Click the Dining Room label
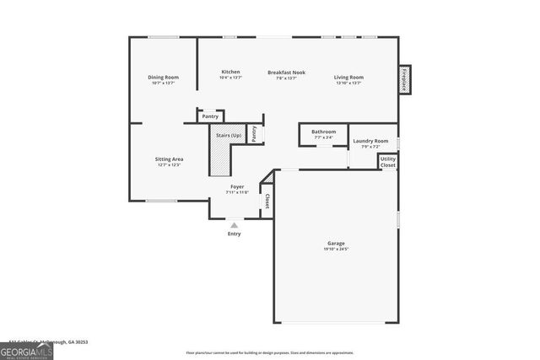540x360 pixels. (x=163, y=78)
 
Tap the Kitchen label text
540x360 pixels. (x=231, y=72)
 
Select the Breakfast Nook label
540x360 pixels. (x=286, y=73)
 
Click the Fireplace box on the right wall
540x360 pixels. (x=404, y=79)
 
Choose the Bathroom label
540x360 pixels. (x=323, y=132)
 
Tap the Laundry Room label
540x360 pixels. (x=370, y=141)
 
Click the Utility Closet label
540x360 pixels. (x=387, y=162)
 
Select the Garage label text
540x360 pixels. (x=336, y=244)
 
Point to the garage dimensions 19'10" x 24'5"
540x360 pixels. (x=336, y=250)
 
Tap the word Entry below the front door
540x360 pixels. (x=234, y=234)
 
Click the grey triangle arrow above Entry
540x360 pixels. (x=234, y=224)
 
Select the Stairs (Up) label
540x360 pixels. (x=229, y=134)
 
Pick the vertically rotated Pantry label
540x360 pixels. (x=253, y=134)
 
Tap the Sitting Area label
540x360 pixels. (x=169, y=159)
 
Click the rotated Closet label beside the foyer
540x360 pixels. (x=267, y=201)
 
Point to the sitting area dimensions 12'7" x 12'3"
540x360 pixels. (x=169, y=165)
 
